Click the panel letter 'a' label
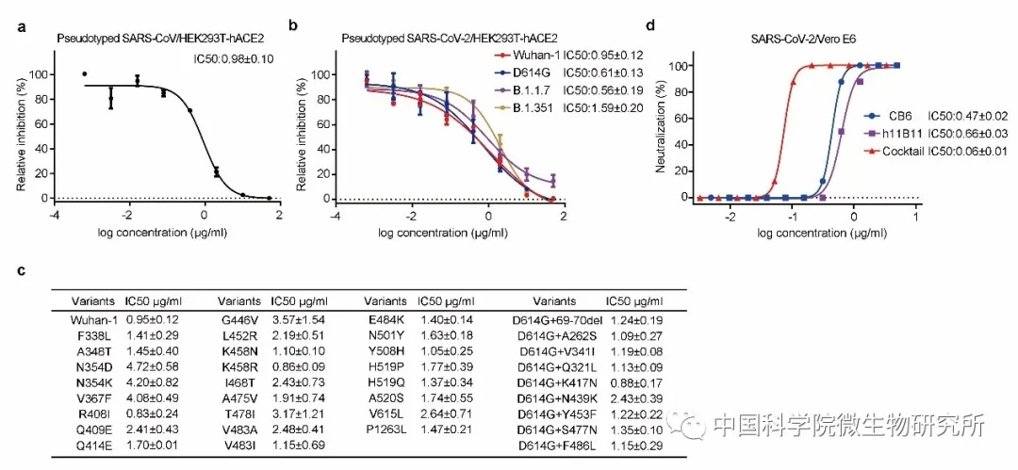tap(23, 26)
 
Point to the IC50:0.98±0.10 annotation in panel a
tap(233, 59)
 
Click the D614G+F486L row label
tap(556, 446)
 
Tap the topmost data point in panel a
tap(85, 74)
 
